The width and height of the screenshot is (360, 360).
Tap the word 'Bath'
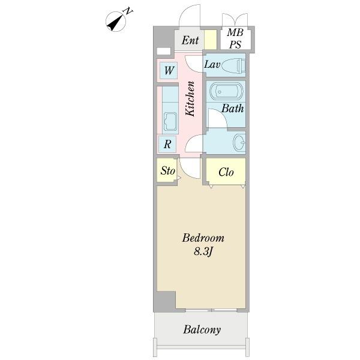(x=232, y=109)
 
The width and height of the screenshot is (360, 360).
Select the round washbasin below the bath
(x=238, y=142)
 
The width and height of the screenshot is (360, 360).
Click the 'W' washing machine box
(x=169, y=71)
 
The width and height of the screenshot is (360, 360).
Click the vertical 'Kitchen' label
(x=190, y=98)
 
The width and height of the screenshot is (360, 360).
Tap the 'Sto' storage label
(x=167, y=171)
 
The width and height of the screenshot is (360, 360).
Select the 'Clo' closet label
(x=226, y=172)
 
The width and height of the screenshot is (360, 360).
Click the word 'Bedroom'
(x=203, y=238)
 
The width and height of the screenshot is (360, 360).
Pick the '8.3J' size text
(x=202, y=252)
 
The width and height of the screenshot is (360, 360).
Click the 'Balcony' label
(x=202, y=329)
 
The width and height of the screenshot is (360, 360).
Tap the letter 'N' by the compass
(x=128, y=11)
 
